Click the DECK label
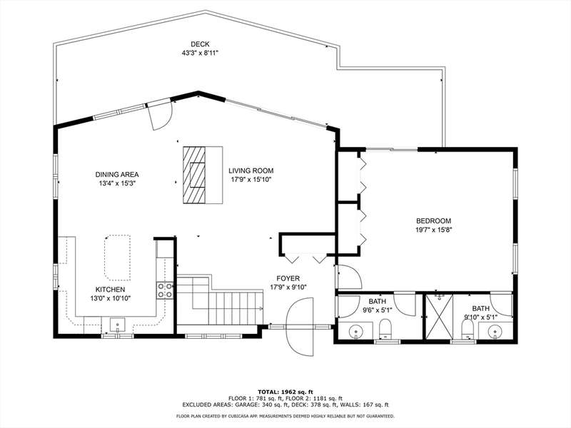coord(200,44)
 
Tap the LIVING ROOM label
coord(251,170)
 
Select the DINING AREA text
coord(117,175)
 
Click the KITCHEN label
coord(111,290)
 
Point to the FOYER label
coord(288,279)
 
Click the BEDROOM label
coord(433,221)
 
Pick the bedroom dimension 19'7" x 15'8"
coord(433,230)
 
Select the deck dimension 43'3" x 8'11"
coord(200,53)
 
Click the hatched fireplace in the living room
coord(194,175)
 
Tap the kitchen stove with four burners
coord(165,290)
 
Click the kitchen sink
coord(118,325)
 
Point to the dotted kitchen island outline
coord(117,258)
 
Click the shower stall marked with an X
coord(440,316)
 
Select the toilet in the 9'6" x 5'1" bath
coord(385,328)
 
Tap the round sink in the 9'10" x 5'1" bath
coord(494,332)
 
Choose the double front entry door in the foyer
coord(300,327)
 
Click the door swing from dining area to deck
coord(160,116)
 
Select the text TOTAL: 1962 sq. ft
coord(285,392)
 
